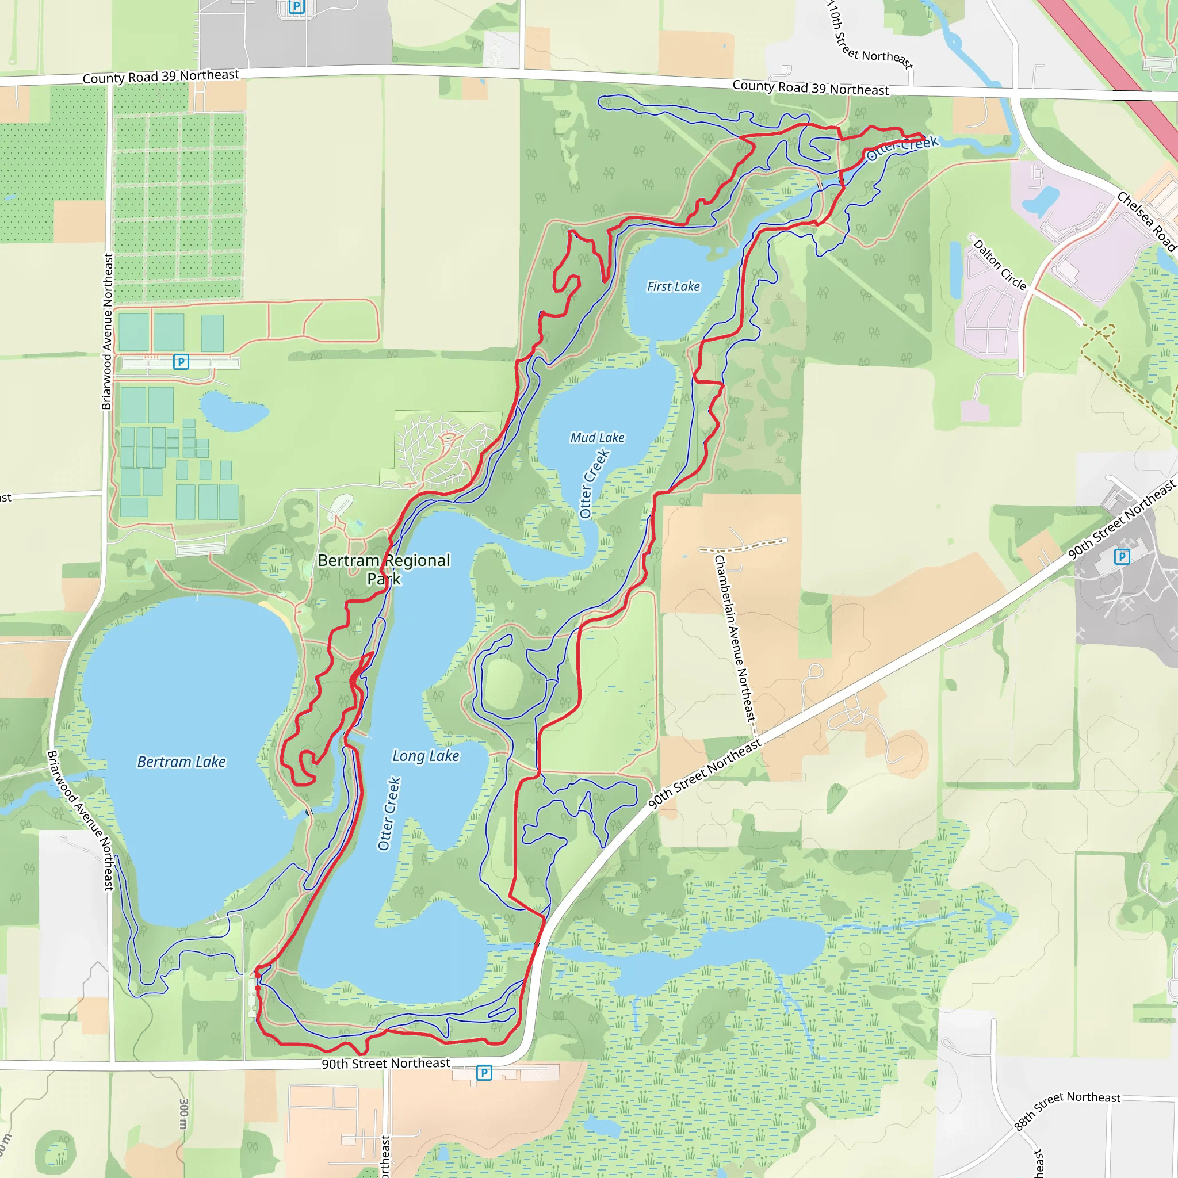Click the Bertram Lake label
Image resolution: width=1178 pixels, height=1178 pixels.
181,762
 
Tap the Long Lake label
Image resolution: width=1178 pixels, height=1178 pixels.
426,755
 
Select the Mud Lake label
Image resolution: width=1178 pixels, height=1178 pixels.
597,437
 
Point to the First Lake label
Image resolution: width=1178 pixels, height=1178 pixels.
673,286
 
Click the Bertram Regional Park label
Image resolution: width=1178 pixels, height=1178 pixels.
384,569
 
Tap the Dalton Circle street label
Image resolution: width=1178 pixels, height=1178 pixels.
1000,265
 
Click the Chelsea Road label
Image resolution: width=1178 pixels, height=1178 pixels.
1146,221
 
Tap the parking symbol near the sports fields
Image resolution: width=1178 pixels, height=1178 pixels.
181,362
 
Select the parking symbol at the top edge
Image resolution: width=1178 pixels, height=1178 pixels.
296,7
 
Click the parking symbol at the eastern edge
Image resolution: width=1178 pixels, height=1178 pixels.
1121,556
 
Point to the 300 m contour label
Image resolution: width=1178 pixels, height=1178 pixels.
183,1114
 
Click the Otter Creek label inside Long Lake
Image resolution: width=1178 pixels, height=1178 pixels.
389,813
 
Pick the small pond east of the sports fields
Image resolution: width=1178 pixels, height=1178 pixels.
233,410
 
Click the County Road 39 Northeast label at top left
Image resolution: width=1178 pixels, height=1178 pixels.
161,77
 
